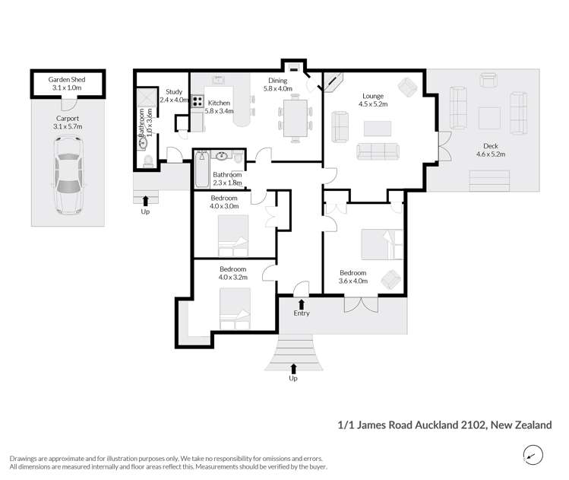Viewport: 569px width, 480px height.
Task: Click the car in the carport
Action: click(x=67, y=181)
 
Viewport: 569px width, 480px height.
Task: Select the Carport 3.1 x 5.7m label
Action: click(x=67, y=123)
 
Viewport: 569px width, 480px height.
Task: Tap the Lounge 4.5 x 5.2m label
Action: click(x=374, y=100)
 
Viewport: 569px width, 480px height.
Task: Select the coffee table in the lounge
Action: click(x=377, y=127)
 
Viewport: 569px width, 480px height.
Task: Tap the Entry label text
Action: click(x=302, y=313)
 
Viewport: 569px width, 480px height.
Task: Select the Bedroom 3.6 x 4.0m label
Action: click(x=353, y=277)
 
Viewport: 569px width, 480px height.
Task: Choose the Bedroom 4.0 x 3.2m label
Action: click(x=232, y=273)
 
